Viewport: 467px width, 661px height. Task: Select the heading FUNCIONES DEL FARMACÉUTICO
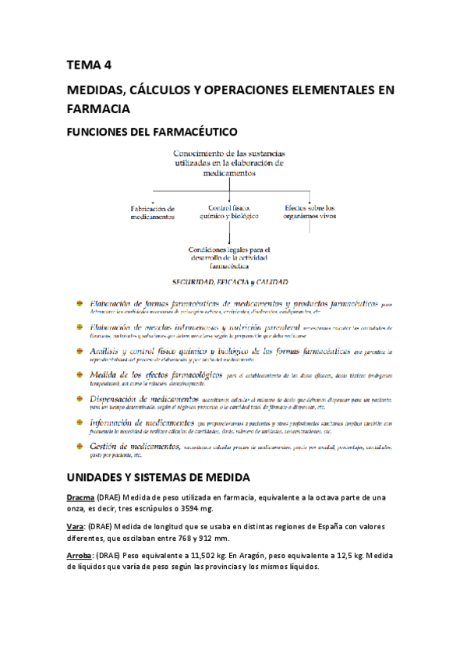[151, 133]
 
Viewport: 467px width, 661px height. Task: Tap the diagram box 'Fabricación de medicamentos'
[152, 212]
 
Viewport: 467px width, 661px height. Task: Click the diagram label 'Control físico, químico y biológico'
[228, 212]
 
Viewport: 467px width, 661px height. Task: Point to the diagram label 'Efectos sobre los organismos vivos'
[309, 212]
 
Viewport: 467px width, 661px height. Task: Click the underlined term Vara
[75, 526]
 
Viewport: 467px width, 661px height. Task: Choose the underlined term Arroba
[80, 555]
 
